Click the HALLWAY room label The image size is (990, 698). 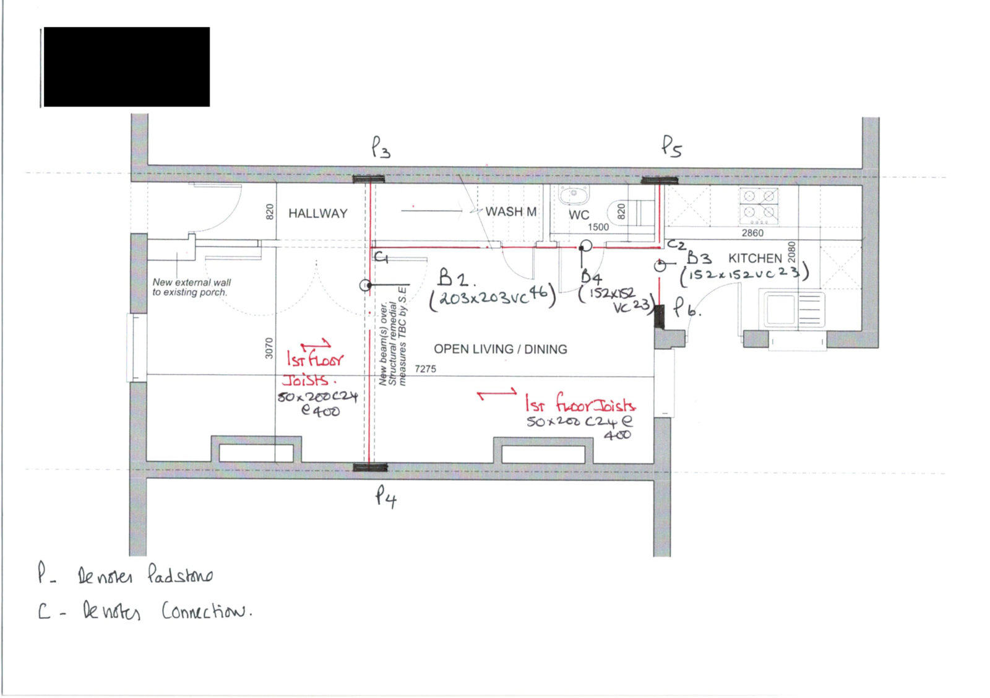(x=317, y=214)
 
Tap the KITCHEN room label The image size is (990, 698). (x=755, y=258)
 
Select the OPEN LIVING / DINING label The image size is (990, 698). (x=500, y=349)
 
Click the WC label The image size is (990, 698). (x=579, y=215)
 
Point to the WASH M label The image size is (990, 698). (x=510, y=212)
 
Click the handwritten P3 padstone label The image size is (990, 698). (x=381, y=148)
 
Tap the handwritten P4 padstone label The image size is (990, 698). (x=385, y=496)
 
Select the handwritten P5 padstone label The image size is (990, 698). (x=671, y=147)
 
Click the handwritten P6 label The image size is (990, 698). (x=686, y=307)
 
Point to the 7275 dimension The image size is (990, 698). (x=425, y=369)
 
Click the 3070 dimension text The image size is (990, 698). (x=269, y=347)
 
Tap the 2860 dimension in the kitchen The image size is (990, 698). (x=752, y=233)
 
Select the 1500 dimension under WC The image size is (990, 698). (x=598, y=227)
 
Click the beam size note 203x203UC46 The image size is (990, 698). (x=493, y=298)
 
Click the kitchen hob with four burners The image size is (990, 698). (x=759, y=206)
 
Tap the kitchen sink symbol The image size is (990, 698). (x=794, y=309)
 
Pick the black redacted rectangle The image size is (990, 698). (x=127, y=67)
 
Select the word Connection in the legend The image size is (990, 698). (x=206, y=611)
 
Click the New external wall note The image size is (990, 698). (x=191, y=287)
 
